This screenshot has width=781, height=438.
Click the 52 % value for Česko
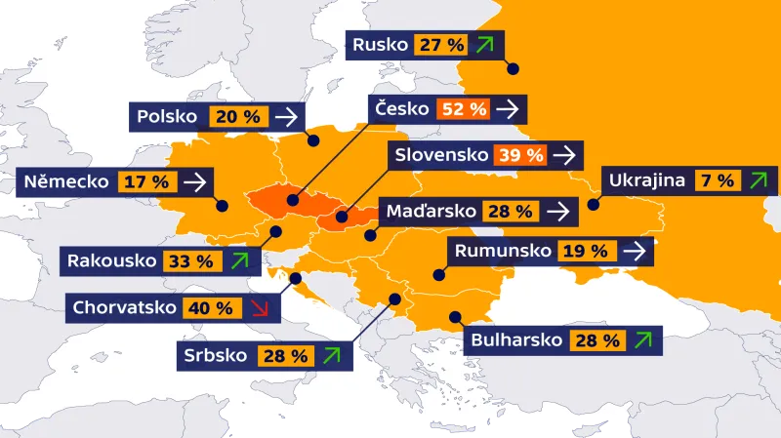(x=464, y=109)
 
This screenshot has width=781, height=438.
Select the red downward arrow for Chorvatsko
(x=259, y=308)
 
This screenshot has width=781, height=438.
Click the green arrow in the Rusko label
(x=485, y=45)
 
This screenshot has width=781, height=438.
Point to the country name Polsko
(x=168, y=117)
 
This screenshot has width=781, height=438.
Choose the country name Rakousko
(x=111, y=260)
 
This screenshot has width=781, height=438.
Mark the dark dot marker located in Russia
(x=513, y=68)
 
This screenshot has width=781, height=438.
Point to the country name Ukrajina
(x=646, y=180)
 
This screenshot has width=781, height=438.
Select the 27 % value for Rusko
(x=441, y=45)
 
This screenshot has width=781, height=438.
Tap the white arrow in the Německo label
(x=194, y=181)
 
